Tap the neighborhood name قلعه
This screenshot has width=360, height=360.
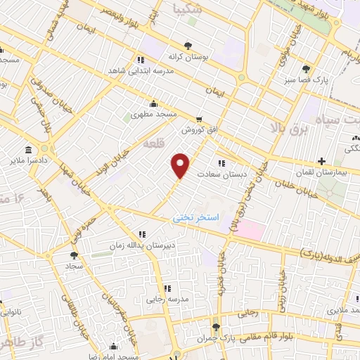(153, 143)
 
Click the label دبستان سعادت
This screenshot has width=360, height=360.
(219, 172)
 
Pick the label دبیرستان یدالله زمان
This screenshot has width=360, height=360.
(140, 245)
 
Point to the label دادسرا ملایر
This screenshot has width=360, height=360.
(28, 161)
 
